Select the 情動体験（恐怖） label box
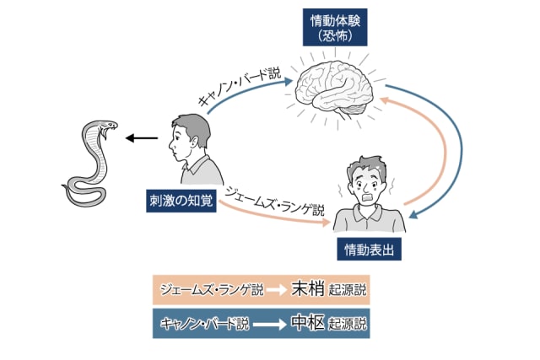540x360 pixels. pos(335,29)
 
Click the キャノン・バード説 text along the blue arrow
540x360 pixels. pos(240,87)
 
